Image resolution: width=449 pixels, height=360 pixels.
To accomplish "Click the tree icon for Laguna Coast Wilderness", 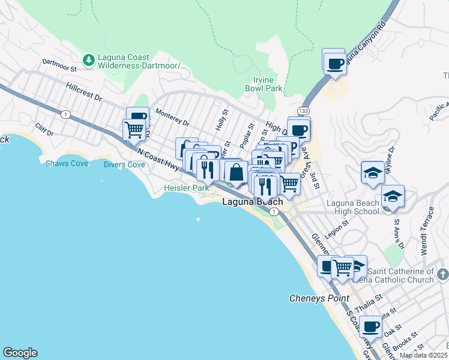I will click(x=89, y=59).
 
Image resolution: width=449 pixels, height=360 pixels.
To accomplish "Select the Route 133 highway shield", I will click(x=304, y=111).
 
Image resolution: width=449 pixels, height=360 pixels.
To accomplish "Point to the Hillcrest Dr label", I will click(x=84, y=92).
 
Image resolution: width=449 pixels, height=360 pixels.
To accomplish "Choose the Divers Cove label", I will click(x=124, y=164).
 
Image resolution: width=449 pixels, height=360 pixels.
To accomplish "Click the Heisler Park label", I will click(x=187, y=188).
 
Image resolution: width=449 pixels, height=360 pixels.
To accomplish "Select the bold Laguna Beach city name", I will click(x=252, y=202).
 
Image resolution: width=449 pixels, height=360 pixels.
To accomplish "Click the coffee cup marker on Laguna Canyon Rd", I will click(x=334, y=62).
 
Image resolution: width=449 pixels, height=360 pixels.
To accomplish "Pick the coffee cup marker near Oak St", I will click(x=371, y=327).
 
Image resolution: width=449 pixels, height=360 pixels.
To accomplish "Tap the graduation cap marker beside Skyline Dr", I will click(x=373, y=173).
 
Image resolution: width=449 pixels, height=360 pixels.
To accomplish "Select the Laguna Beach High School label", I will click(x=353, y=207).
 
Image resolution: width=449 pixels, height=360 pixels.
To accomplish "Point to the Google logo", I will click(x=20, y=353).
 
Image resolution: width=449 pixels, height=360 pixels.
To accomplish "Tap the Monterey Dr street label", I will click(x=172, y=117).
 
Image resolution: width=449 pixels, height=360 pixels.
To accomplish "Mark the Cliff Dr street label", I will click(x=44, y=129).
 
